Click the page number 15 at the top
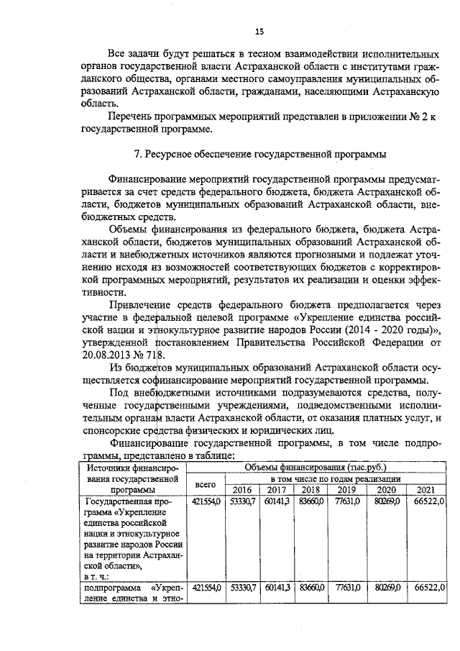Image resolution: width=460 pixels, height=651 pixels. [x=259, y=30]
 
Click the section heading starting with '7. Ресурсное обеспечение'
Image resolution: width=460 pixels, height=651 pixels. [x=259, y=155]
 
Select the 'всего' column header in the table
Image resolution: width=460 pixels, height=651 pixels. [x=205, y=485]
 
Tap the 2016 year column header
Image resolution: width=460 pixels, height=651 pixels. [x=241, y=491]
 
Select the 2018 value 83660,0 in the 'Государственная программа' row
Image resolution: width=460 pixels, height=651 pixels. [x=310, y=501]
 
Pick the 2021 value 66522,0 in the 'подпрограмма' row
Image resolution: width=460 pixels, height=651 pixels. [x=431, y=588]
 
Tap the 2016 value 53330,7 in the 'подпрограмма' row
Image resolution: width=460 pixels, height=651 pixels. [x=241, y=588]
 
